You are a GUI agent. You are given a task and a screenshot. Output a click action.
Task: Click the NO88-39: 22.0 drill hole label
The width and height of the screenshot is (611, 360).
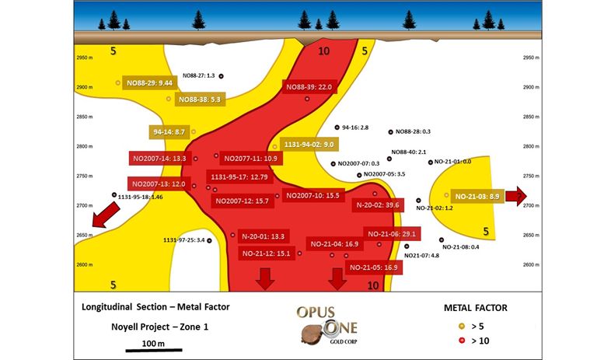pyautogui.click(x=309, y=87)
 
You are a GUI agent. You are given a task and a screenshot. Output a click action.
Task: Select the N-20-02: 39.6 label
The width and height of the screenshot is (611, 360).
pyautogui.click(x=377, y=205)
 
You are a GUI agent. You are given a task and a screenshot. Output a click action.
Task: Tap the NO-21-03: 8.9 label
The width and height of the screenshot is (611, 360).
pyautogui.click(x=477, y=196)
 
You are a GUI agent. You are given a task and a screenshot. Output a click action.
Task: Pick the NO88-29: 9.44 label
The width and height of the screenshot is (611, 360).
pyautogui.click(x=148, y=82)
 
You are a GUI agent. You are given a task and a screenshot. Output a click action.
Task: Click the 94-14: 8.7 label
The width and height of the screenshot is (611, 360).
pyautogui.click(x=169, y=132)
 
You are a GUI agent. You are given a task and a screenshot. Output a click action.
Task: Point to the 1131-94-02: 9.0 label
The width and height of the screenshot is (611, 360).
pyautogui.click(x=309, y=145)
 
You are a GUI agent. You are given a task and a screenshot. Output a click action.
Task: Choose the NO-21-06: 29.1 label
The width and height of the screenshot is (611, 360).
pyautogui.click(x=393, y=234)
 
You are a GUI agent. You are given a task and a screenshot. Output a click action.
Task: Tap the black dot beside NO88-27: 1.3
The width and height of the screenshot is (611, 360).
pyautogui.click(x=222, y=76)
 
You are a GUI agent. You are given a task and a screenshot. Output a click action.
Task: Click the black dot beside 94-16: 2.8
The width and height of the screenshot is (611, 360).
pyautogui.click(x=337, y=128)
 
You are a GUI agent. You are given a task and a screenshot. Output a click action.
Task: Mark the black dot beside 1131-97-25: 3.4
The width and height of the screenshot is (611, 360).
pyautogui.click(x=209, y=241)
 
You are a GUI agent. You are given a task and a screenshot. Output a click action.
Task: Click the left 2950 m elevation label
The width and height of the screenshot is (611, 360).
pyautogui.click(x=83, y=58)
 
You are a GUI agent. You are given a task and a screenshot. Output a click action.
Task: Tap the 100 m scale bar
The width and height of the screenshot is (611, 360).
pyautogui.click(x=154, y=349)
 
